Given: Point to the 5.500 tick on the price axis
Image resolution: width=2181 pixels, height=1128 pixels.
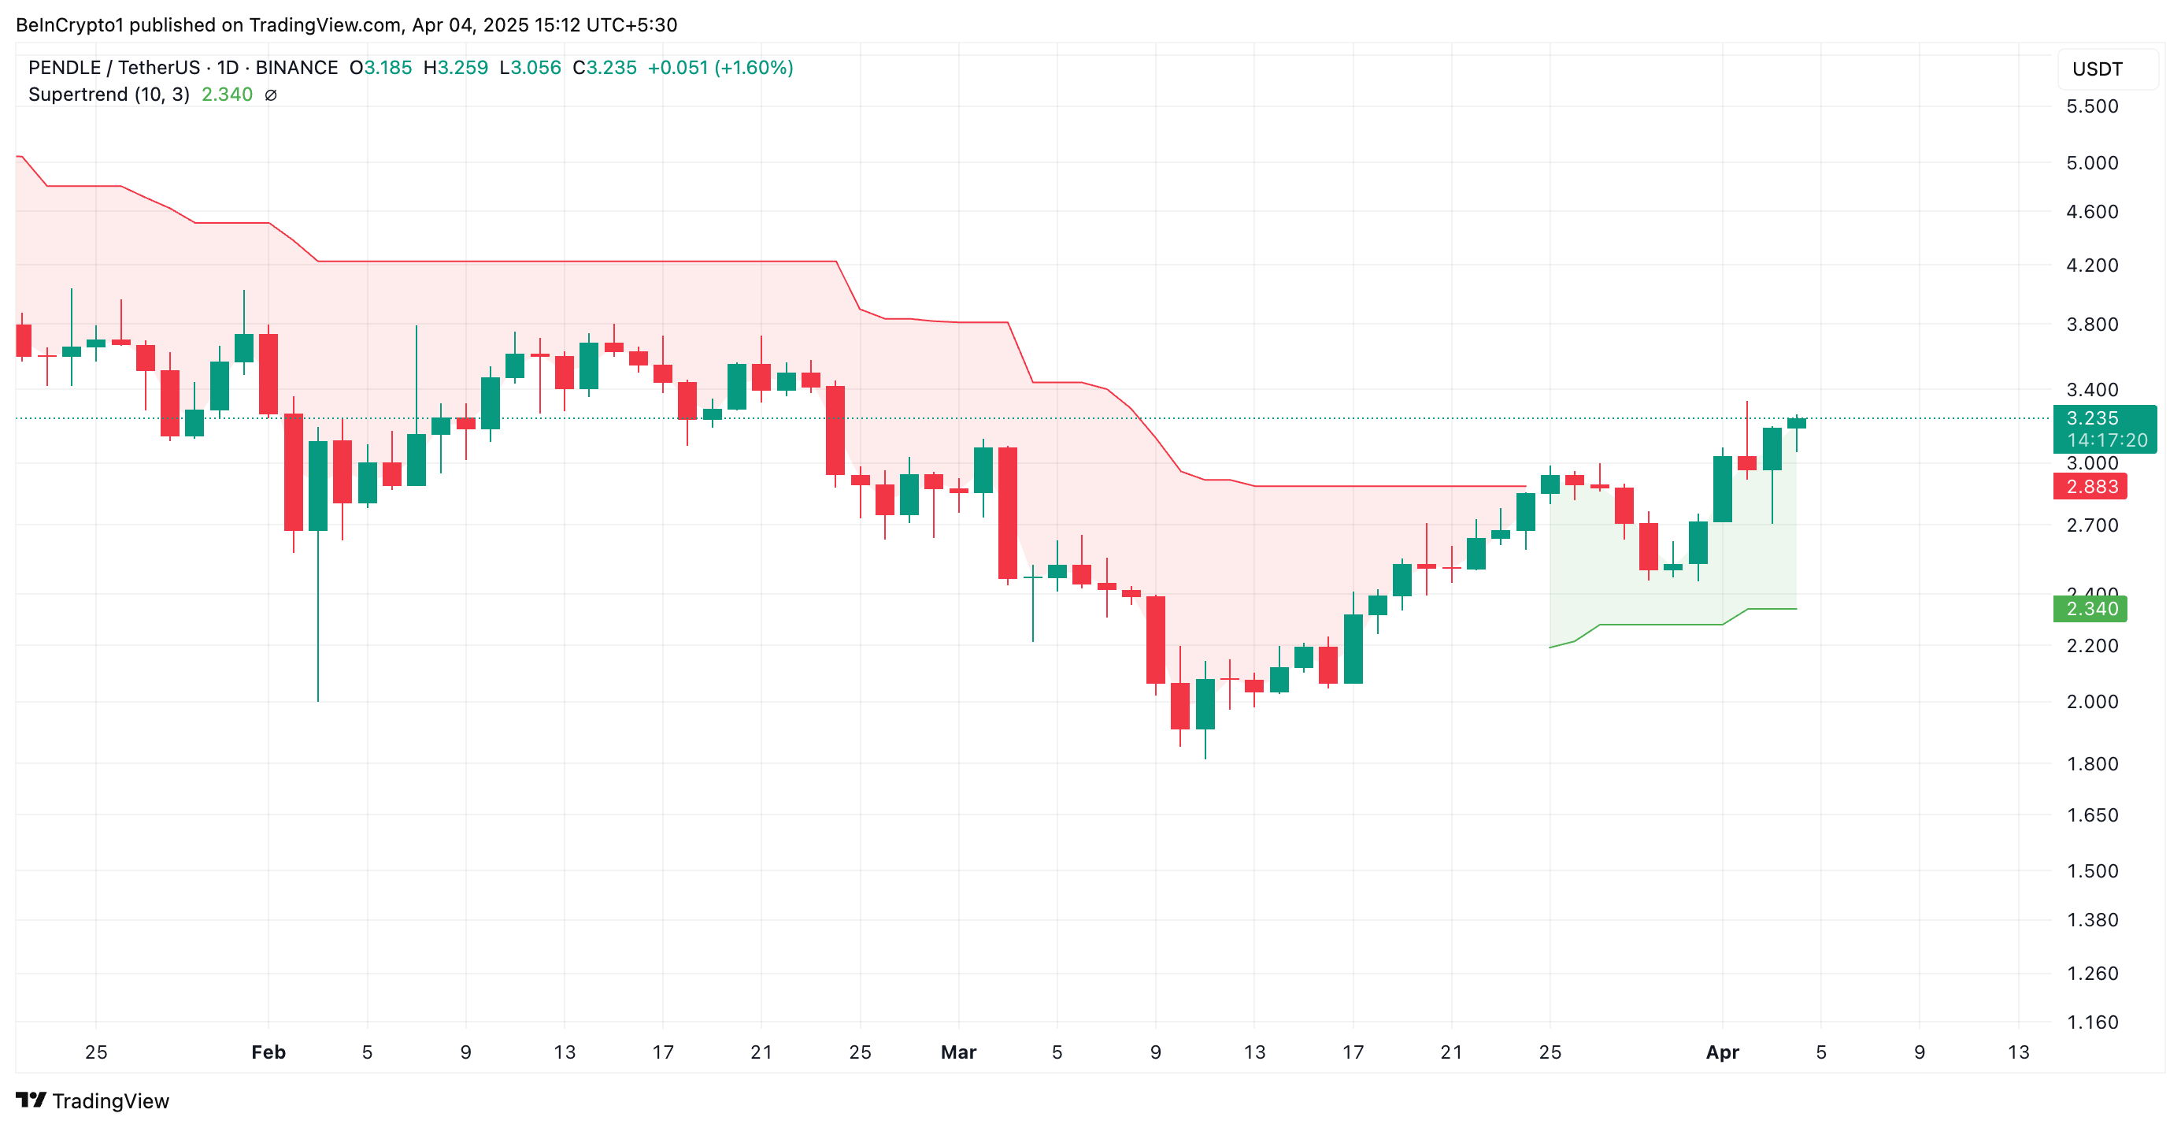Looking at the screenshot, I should click(2091, 106).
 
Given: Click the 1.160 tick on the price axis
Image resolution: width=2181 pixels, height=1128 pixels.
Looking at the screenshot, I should click(2091, 1022).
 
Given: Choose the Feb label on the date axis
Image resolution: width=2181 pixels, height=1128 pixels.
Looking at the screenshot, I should click(268, 1052).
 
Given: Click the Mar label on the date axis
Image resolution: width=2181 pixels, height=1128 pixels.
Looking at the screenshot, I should click(958, 1052).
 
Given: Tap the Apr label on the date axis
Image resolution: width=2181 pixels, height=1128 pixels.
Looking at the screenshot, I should click(1722, 1052).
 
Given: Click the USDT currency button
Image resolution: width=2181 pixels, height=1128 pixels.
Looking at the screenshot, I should click(2098, 69).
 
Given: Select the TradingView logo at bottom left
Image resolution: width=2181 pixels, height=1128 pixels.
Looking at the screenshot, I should click(92, 1101).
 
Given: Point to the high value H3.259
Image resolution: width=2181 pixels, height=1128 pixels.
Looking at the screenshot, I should click(456, 68).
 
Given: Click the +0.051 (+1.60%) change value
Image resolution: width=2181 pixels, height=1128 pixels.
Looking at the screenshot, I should click(720, 68).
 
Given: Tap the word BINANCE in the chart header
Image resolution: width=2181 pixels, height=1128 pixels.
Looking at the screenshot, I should click(296, 68).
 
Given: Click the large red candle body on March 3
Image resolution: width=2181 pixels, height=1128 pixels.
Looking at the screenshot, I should click(1008, 512).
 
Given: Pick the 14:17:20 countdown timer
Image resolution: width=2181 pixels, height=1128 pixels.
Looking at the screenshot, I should click(2106, 440).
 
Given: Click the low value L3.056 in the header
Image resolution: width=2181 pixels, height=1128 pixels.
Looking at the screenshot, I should click(530, 68).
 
